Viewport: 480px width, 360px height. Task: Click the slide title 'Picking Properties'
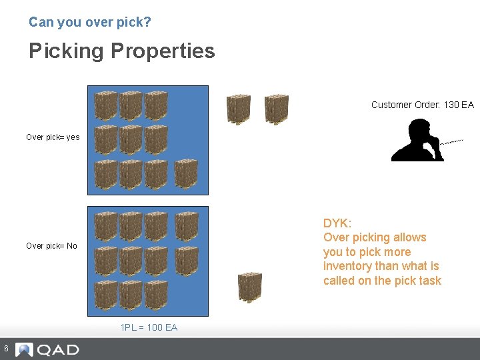pyautogui.click(x=122, y=51)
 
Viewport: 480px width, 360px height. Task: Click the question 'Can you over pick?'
pyautogui.click(x=90, y=22)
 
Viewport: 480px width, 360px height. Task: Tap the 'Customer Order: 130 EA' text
pyautogui.click(x=422, y=105)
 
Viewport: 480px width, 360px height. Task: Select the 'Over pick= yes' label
pyautogui.click(x=53, y=137)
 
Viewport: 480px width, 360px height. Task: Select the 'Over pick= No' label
pyautogui.click(x=51, y=246)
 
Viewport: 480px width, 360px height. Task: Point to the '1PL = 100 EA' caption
pyautogui.click(x=149, y=327)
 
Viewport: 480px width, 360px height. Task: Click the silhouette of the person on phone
pyautogui.click(x=417, y=141)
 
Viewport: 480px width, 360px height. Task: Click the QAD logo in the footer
pyautogui.click(x=48, y=349)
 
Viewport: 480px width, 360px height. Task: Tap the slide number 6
pyautogui.click(x=5, y=349)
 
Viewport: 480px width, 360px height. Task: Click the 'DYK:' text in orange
pyautogui.click(x=337, y=223)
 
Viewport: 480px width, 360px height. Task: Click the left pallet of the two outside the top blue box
pyautogui.click(x=238, y=109)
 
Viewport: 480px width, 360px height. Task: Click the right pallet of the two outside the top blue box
pyautogui.click(x=276, y=109)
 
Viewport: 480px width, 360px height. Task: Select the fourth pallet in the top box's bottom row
pyautogui.click(x=186, y=175)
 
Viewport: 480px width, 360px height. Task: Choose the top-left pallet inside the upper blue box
pyautogui.click(x=106, y=105)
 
